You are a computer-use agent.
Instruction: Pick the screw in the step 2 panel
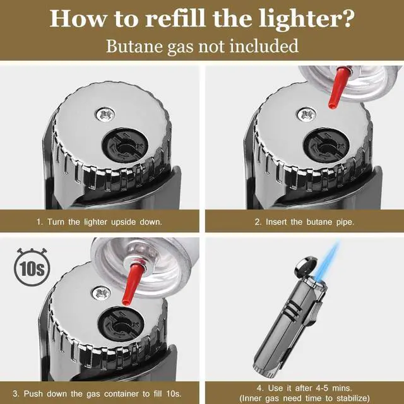point(308,114)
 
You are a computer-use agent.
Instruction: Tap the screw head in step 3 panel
point(101,292)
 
